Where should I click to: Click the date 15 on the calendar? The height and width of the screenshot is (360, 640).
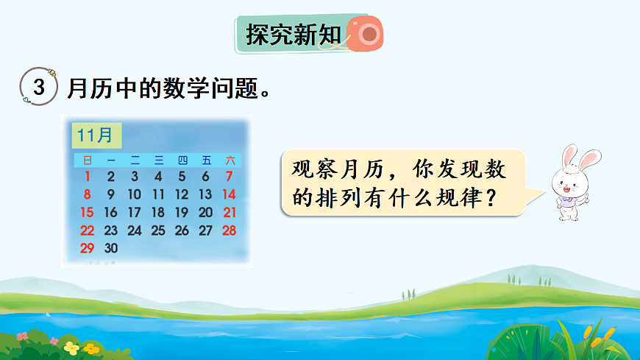click(x=87, y=212)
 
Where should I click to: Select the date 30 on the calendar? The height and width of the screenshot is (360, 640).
click(x=110, y=248)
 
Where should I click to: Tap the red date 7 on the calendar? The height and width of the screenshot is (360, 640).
click(x=229, y=176)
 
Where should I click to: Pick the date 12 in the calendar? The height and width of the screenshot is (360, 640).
click(x=182, y=194)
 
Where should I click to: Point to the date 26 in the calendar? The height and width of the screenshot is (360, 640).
click(x=182, y=230)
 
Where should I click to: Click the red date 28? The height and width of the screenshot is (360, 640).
click(x=229, y=230)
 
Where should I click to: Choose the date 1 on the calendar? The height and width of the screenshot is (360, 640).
click(x=87, y=176)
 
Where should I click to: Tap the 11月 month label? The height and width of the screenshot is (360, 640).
click(x=95, y=136)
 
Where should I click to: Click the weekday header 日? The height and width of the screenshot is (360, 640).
click(x=88, y=160)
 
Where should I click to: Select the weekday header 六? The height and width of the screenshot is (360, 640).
click(x=230, y=160)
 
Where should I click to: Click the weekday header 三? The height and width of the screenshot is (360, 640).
click(x=158, y=160)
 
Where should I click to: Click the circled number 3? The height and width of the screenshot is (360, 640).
click(x=39, y=88)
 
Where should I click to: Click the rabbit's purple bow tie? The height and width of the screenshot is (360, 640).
click(x=565, y=197)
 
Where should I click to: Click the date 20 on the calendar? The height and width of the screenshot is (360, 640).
click(x=205, y=212)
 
